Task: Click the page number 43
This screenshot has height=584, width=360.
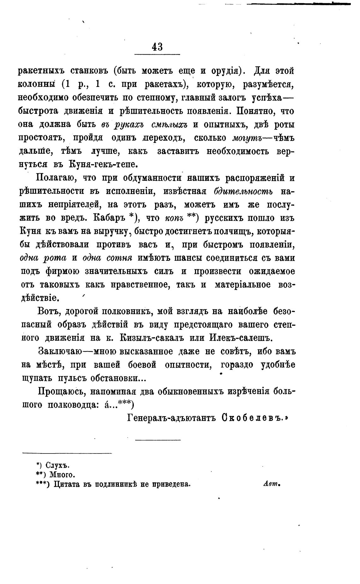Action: (157, 47)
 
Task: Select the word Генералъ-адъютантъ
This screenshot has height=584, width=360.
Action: (172, 418)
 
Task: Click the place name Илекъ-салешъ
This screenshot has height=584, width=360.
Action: (241, 338)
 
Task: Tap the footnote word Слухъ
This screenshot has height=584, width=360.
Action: (57, 465)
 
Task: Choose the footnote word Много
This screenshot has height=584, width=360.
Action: (62, 475)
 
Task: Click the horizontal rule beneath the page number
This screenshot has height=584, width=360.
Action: (157, 55)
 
